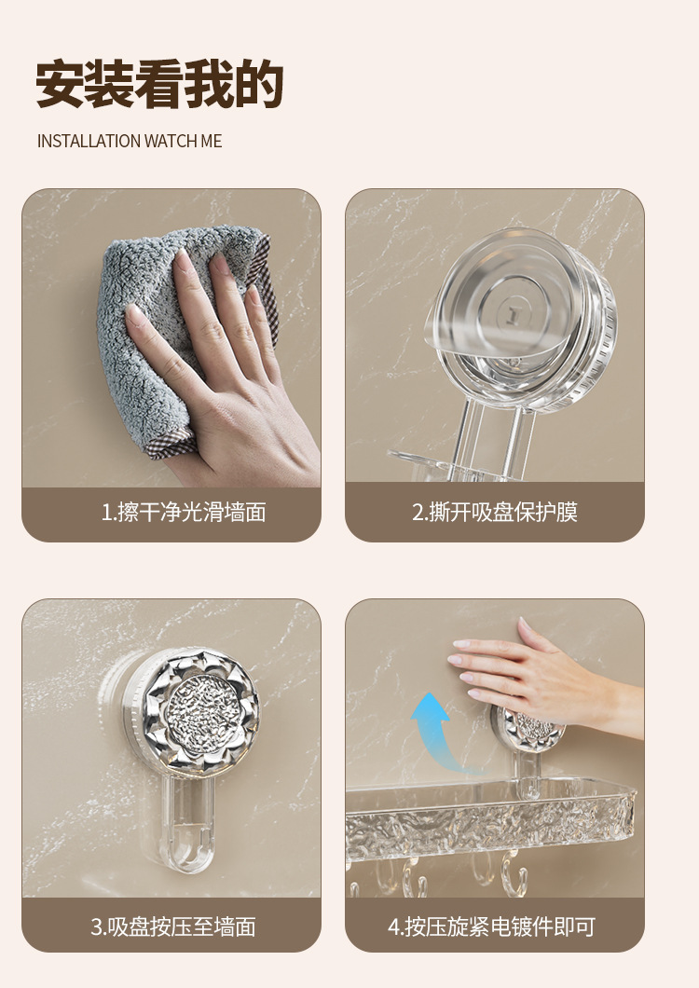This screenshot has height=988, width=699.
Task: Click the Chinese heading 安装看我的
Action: pos(159,84)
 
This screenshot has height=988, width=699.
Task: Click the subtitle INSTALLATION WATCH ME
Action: pos(130,141)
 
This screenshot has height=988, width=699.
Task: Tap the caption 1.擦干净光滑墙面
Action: pos(184,513)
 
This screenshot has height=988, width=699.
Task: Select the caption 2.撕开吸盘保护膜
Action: pos(495,513)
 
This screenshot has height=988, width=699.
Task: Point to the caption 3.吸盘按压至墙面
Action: pos(173,926)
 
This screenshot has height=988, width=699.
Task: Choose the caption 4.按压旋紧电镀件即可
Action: pos(492,926)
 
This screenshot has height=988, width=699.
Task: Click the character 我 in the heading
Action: pos(209,84)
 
